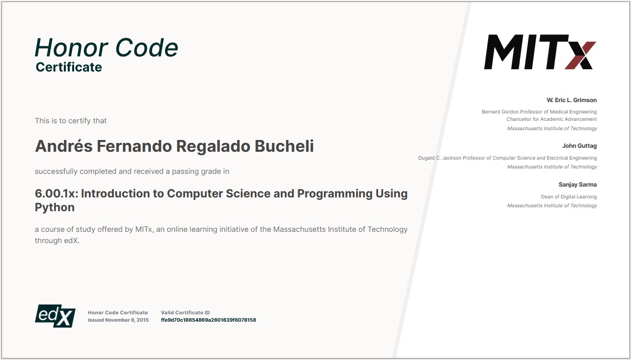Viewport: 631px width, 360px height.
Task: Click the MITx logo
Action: (x=540, y=52)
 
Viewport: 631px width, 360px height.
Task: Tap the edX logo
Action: (x=55, y=316)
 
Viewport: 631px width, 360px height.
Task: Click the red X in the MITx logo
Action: (x=580, y=55)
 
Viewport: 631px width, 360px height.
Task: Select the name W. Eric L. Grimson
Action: (x=572, y=100)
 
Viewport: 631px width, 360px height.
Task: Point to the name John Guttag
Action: (x=579, y=146)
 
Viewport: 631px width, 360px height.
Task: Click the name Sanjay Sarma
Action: (x=577, y=185)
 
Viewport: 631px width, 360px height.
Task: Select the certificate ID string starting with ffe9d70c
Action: (x=209, y=320)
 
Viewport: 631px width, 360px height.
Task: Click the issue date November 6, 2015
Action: (x=127, y=320)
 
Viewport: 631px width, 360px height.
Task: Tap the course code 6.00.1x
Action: (x=56, y=194)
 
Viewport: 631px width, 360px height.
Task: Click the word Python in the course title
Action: (x=55, y=208)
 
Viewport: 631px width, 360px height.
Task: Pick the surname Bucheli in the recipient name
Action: (x=284, y=146)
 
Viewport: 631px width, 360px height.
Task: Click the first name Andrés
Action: (x=64, y=146)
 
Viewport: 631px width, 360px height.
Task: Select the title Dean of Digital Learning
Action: (x=569, y=196)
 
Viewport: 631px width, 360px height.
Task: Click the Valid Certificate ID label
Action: (x=185, y=312)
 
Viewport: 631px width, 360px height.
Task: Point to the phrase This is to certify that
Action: (x=71, y=120)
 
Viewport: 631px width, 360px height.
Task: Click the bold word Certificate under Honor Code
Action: (x=69, y=67)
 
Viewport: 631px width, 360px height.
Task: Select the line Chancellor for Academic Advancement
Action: (x=551, y=119)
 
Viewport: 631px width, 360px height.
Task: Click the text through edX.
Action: (x=57, y=241)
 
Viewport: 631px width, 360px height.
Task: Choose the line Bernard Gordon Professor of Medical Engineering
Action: (x=539, y=112)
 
